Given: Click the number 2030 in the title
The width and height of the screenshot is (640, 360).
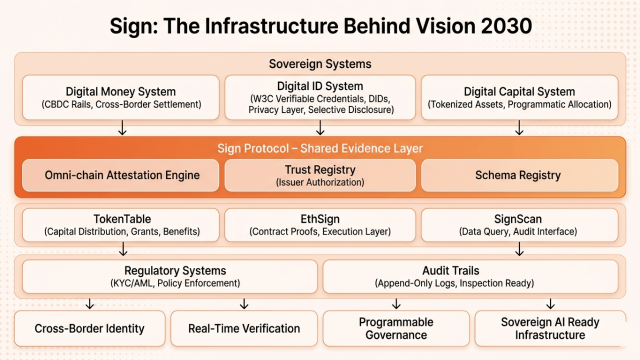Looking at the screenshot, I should pos(506,26).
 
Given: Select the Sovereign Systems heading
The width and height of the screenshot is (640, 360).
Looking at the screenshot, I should pos(320,64).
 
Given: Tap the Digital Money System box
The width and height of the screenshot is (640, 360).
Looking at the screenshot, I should pos(120,97).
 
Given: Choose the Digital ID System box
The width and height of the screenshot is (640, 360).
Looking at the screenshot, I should pos(320,97).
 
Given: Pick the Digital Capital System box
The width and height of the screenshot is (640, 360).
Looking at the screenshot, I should pos(519,97).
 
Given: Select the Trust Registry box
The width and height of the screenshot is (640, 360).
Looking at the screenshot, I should pos(320,175).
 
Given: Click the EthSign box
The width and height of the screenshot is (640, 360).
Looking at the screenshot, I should pos(320,225).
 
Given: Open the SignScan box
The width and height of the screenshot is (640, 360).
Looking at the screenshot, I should pos(519,225).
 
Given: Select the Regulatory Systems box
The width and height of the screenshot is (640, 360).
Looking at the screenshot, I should pos(170,276).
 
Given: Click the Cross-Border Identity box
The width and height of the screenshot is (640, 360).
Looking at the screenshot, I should pos(89,328).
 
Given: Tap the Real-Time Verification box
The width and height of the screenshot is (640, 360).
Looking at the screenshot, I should pos(244,328).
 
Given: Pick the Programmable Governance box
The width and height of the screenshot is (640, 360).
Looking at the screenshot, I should pos(396,328).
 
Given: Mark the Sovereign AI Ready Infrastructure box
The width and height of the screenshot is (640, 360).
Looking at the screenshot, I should pos(550,328).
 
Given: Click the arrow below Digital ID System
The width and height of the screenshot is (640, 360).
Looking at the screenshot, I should pos(320,129).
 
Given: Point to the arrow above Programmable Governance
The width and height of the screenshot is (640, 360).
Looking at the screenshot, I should pos(396,303).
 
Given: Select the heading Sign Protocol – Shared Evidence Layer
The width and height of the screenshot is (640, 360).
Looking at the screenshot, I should pos(320,148).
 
